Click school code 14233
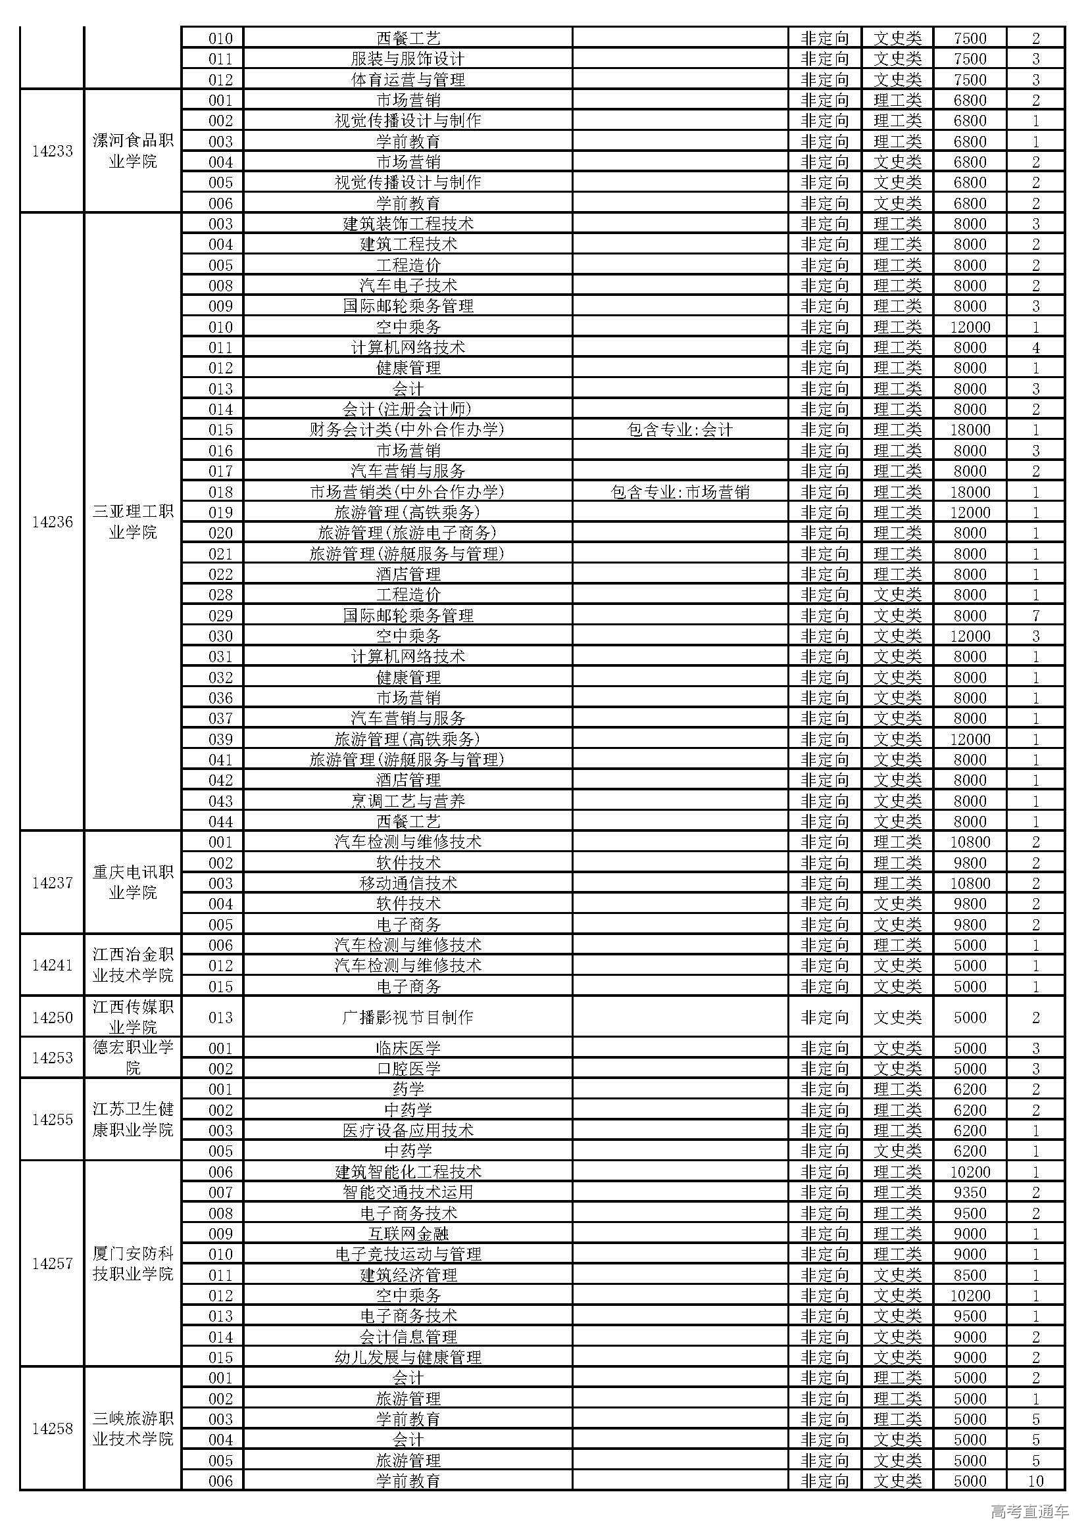click(x=52, y=151)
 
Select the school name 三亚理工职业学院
click(x=133, y=523)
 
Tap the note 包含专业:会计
click(x=680, y=430)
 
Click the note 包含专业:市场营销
click(x=680, y=493)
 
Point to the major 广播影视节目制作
click(x=407, y=1017)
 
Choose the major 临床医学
click(x=407, y=1048)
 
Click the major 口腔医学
click(x=407, y=1069)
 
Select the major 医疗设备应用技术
click(x=407, y=1131)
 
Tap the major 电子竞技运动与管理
click(x=407, y=1255)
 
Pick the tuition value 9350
click(x=970, y=1192)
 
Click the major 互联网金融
click(x=407, y=1234)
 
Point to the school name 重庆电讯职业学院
click(x=133, y=883)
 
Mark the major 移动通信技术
click(x=407, y=884)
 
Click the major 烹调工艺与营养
click(x=407, y=801)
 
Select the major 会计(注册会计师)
click(x=407, y=409)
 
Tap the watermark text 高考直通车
click(x=1029, y=1510)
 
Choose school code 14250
click(x=52, y=1017)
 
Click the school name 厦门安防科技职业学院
click(x=133, y=1264)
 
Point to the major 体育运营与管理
click(x=407, y=80)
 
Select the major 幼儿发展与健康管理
click(x=407, y=1357)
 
